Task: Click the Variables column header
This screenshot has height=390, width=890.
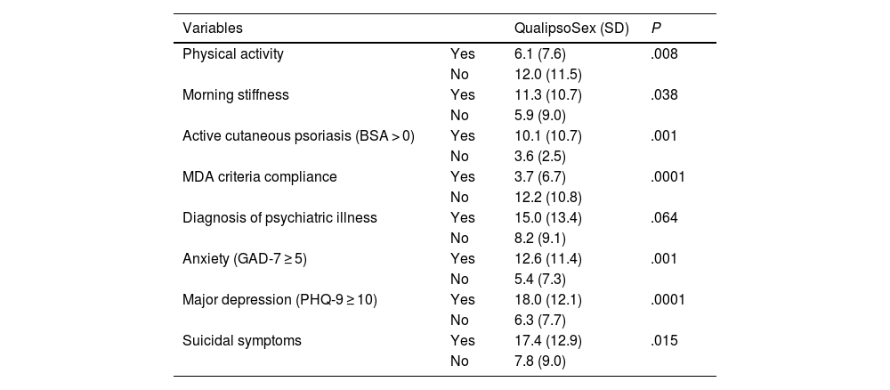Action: pyautogui.click(x=213, y=28)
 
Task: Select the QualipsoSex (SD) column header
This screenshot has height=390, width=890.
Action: pyautogui.click(x=571, y=28)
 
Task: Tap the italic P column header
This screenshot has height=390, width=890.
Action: pyautogui.click(x=656, y=28)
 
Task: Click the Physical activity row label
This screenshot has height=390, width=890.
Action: pyautogui.click(x=232, y=54)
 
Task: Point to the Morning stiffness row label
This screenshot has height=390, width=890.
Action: pyautogui.click(x=236, y=94)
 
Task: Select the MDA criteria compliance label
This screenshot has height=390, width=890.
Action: pyautogui.click(x=259, y=177)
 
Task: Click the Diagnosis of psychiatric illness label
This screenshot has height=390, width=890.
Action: pyautogui.click(x=279, y=218)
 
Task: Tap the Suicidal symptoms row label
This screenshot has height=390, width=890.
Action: pyautogui.click(x=242, y=341)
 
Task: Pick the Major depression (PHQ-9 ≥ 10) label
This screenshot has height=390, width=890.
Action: pyautogui.click(x=279, y=300)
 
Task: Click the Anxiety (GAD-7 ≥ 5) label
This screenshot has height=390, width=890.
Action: pyautogui.click(x=245, y=259)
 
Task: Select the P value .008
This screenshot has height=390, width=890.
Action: pyautogui.click(x=664, y=54)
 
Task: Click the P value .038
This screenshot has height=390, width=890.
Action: pyautogui.click(x=664, y=94)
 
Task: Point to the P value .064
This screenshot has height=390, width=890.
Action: pyautogui.click(x=664, y=218)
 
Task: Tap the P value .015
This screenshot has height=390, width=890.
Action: pyautogui.click(x=664, y=341)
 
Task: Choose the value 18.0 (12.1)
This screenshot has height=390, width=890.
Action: pyautogui.click(x=547, y=300)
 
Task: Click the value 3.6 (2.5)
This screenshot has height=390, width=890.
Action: pyautogui.click(x=540, y=157)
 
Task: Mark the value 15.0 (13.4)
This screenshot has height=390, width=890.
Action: pyautogui.click(x=547, y=218)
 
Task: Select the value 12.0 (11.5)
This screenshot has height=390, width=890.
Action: pyautogui.click(x=547, y=75)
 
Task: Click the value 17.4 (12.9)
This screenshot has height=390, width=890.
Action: pyautogui.click(x=547, y=341)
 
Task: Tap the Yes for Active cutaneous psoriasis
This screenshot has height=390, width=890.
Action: pyautogui.click(x=463, y=136)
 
